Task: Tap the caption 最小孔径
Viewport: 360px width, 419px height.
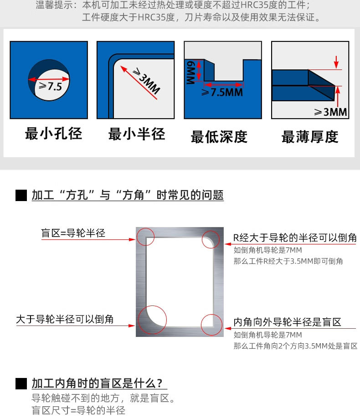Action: (x=53, y=134)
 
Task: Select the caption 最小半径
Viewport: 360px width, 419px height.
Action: (x=136, y=134)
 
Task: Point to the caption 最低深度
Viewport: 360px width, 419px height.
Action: (x=219, y=136)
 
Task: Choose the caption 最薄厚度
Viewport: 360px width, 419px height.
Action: (x=310, y=136)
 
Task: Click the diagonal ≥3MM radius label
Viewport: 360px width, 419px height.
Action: (x=145, y=82)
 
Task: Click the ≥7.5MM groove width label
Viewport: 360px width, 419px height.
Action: (x=223, y=92)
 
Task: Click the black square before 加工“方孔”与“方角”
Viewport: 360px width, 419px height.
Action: (x=21, y=196)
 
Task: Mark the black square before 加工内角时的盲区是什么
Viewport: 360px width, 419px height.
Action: (x=21, y=383)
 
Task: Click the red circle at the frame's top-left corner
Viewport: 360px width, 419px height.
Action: (x=145, y=236)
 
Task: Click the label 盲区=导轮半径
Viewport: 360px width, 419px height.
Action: (x=73, y=233)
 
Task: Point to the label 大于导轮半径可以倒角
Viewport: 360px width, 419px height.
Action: (x=65, y=320)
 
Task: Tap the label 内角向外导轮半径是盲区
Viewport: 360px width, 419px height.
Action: (x=287, y=322)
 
